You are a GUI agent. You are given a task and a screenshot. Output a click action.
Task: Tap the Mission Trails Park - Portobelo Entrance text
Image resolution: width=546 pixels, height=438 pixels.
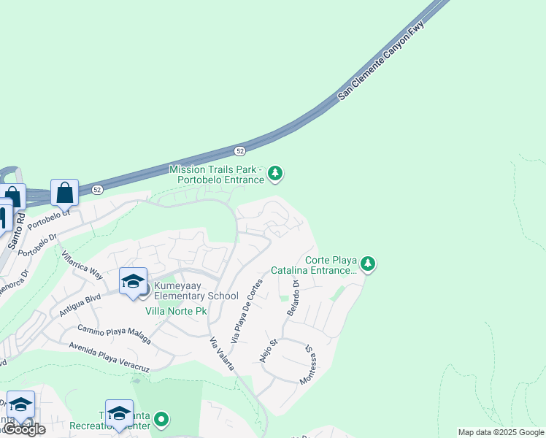(x=216, y=174)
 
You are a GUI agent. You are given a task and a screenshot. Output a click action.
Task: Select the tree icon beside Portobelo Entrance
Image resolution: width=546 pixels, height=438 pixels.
(x=275, y=173)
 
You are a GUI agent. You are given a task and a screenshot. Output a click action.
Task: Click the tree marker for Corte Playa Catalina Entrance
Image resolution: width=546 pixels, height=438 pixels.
(x=368, y=264)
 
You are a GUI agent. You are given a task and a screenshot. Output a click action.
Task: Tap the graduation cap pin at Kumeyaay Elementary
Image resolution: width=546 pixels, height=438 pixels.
(x=134, y=282)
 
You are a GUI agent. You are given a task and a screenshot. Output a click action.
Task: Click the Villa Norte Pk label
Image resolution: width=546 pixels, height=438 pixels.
(x=176, y=311)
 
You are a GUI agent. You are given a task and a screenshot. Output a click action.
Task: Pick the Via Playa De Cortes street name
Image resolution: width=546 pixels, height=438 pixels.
(x=246, y=312)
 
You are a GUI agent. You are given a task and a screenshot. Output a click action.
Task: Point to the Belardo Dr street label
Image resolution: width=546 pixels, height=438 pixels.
(x=293, y=298)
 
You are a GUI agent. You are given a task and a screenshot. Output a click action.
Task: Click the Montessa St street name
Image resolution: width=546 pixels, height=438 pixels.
(x=309, y=364)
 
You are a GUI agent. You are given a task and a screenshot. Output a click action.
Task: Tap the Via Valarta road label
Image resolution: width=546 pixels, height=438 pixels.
(x=222, y=354)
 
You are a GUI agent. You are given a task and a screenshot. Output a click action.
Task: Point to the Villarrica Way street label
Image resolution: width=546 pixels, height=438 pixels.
(x=82, y=266)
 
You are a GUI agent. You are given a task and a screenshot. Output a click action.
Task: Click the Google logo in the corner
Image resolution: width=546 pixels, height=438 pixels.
(x=23, y=429)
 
